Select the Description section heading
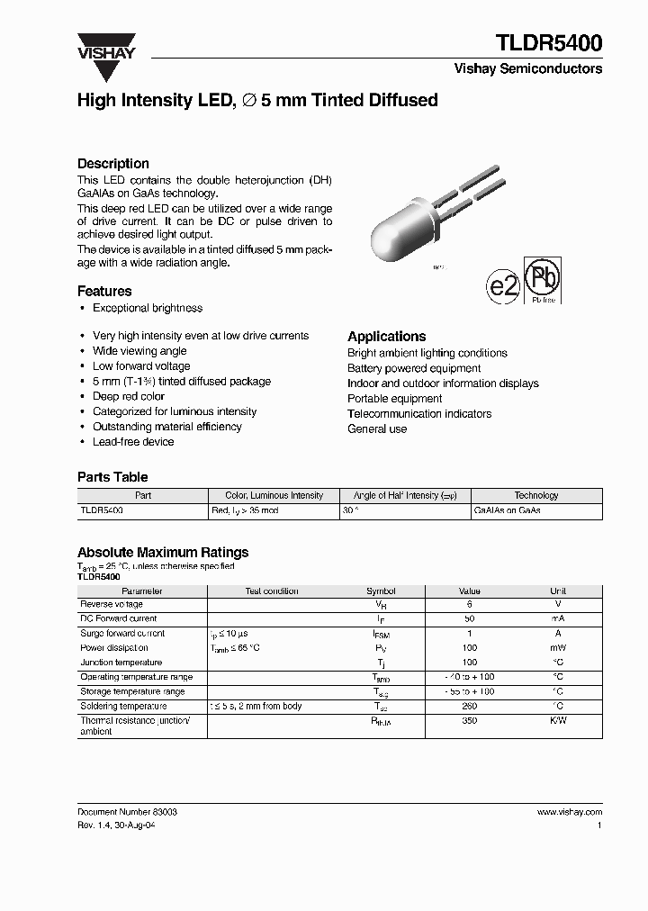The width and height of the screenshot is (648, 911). [x=113, y=164]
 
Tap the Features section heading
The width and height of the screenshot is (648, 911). [x=104, y=291]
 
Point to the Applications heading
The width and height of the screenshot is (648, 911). [x=387, y=336]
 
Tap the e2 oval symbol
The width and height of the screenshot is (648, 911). [x=503, y=286]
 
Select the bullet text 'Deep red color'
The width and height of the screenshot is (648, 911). [x=129, y=396]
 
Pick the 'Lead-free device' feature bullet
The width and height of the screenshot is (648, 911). [x=133, y=442]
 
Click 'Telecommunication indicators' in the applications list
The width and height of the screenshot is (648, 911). [x=419, y=414]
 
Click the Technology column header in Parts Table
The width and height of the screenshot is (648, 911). [x=536, y=495]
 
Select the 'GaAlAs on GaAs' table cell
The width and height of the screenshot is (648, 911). [x=507, y=510]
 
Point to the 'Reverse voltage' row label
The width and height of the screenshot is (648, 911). [x=112, y=605]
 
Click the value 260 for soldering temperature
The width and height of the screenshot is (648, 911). [x=470, y=707]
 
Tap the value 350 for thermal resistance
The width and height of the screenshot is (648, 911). [x=470, y=721]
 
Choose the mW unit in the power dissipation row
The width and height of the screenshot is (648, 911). [x=558, y=648]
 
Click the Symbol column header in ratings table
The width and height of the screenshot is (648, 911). [x=381, y=591]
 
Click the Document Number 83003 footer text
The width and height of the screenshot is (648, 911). [x=127, y=812]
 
